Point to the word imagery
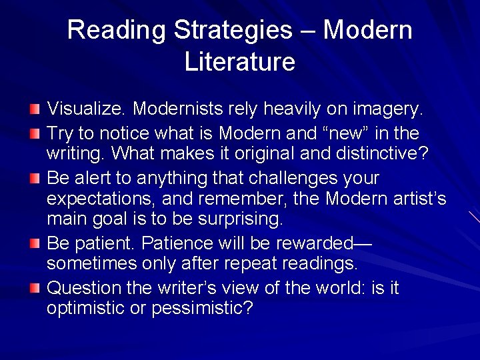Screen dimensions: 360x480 coord(393,108)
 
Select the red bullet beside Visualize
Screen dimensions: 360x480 coord(35,107)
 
